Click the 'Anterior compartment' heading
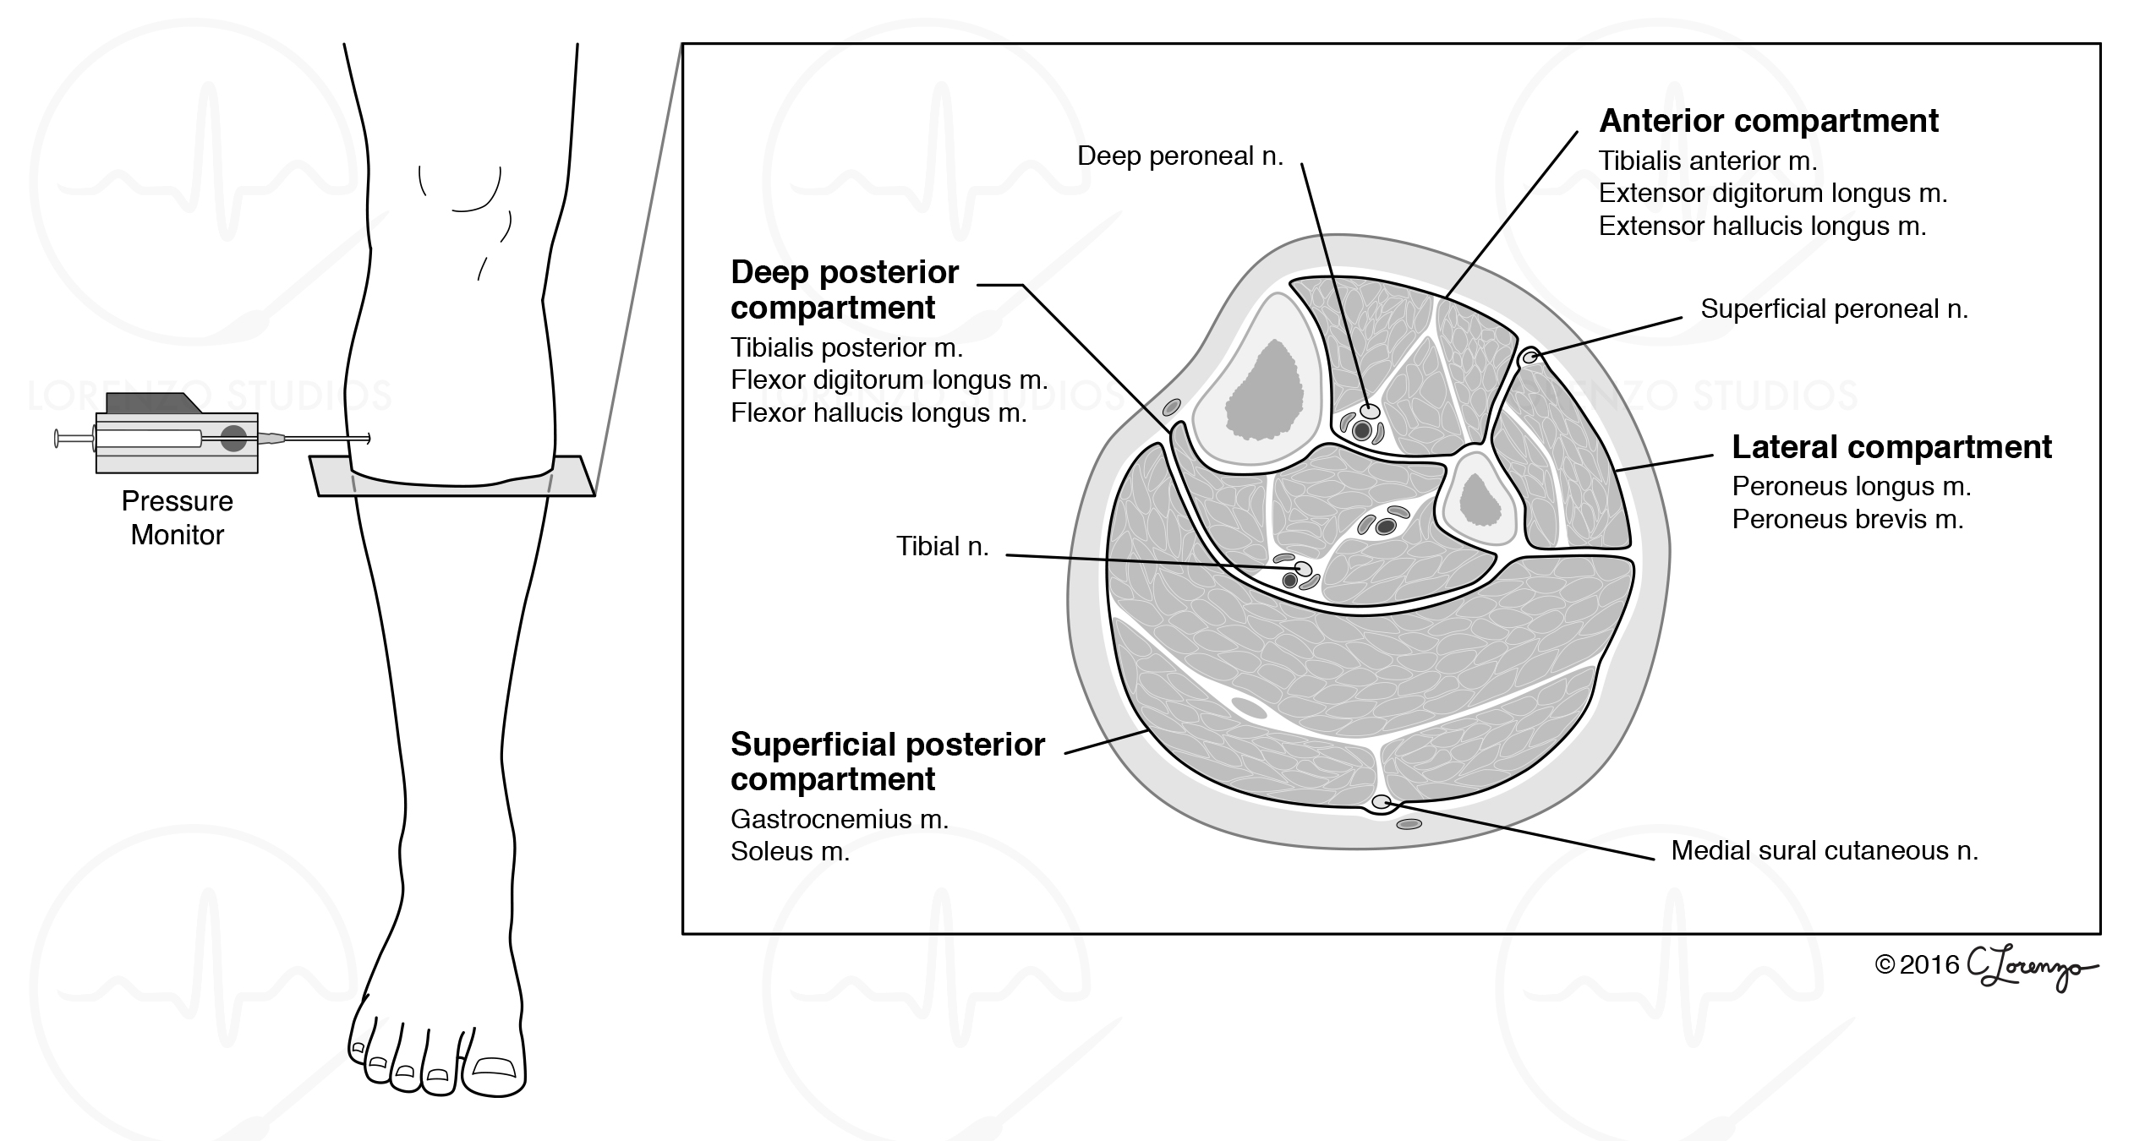click(1768, 122)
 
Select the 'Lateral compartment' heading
click(1891, 447)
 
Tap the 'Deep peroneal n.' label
click(1179, 156)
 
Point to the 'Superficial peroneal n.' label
click(1834, 309)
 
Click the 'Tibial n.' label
click(942, 547)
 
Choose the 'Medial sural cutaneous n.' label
click(1825, 850)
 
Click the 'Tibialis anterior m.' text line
click(1707, 161)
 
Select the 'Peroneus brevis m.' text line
click(1847, 519)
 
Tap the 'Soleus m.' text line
click(790, 851)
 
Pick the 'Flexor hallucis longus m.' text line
click(878, 413)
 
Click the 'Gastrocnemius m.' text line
click(839, 819)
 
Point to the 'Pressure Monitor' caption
click(177, 518)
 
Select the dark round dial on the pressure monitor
click(233, 439)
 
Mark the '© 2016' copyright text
click(1917, 965)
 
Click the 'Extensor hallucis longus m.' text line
click(1762, 227)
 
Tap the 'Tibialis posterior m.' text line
click(846, 348)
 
